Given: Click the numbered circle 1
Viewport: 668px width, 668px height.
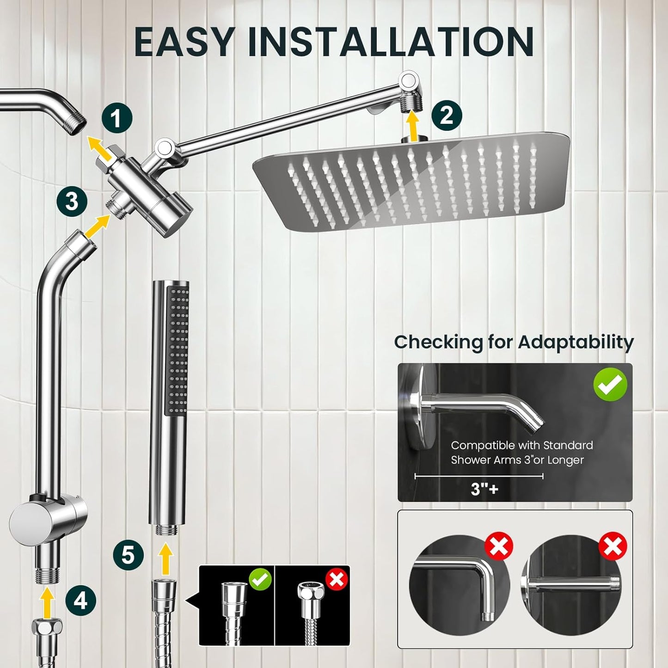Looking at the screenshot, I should coord(117,118).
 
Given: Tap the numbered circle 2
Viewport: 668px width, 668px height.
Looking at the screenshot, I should coord(447,114).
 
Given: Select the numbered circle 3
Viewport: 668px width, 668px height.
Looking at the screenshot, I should coord(72,202).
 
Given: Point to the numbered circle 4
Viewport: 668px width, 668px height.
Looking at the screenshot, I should coord(81,601).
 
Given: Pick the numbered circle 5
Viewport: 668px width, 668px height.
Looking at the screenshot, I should coord(129,554).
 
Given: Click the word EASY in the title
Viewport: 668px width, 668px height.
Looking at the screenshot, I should coord(184,42).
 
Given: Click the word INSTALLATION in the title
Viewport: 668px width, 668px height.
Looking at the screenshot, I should coord(391,42).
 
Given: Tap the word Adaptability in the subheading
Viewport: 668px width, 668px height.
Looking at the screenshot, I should coord(576,342).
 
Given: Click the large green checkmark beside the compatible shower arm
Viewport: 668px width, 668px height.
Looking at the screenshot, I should coord(610,384).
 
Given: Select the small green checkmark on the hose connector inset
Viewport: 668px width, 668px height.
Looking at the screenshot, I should coord(260,578).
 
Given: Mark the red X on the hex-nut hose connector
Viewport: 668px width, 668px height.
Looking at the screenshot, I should coord(337,578).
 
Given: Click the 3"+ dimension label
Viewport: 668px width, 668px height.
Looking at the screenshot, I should coord(484,489).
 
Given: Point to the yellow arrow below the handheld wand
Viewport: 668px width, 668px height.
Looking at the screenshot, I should coord(165,559).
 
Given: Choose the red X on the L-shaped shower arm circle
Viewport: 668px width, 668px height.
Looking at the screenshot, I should coord(499,546).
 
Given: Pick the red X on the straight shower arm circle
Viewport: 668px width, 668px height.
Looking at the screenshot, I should coord(613,546).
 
